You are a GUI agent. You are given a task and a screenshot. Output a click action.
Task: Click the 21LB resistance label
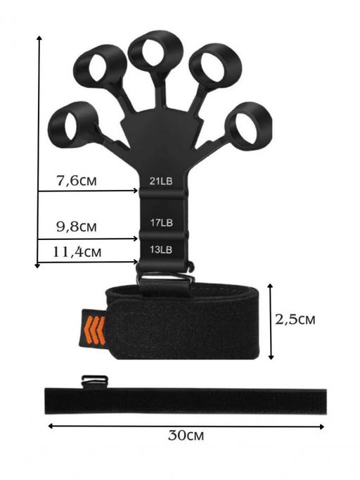(x=161, y=181)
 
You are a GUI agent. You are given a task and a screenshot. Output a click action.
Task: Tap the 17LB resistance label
(x=161, y=222)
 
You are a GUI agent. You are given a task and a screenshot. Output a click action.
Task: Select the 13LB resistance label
(x=161, y=249)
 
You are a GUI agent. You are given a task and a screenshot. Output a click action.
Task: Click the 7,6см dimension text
(x=77, y=181)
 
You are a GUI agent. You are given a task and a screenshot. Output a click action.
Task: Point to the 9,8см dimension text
(x=77, y=227)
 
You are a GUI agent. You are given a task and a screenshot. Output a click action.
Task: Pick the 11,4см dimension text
(x=77, y=252)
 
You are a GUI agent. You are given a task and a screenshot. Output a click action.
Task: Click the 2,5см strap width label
(x=295, y=320)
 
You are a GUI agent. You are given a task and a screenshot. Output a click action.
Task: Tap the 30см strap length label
(x=186, y=435)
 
